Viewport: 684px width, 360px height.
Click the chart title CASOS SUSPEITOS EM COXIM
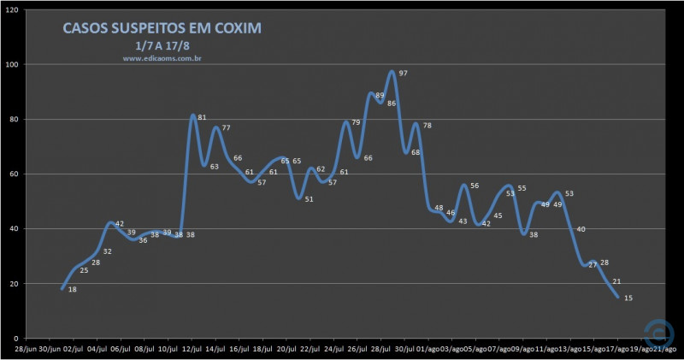tap(162, 28)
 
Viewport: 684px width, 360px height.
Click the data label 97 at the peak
tap(403, 74)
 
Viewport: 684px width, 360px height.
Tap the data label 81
tap(202, 117)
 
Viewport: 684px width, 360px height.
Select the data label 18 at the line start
tap(73, 290)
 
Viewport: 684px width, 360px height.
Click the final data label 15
tap(628, 298)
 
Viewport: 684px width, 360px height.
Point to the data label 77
tap(227, 128)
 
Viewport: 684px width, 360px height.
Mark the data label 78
tap(427, 126)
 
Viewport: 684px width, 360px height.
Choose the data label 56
tap(474, 186)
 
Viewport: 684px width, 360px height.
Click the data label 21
tap(616, 281)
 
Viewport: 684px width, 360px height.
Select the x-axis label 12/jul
tap(192, 349)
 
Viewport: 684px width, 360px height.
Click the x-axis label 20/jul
tap(286, 349)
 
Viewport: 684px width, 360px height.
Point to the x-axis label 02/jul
tap(74, 349)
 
